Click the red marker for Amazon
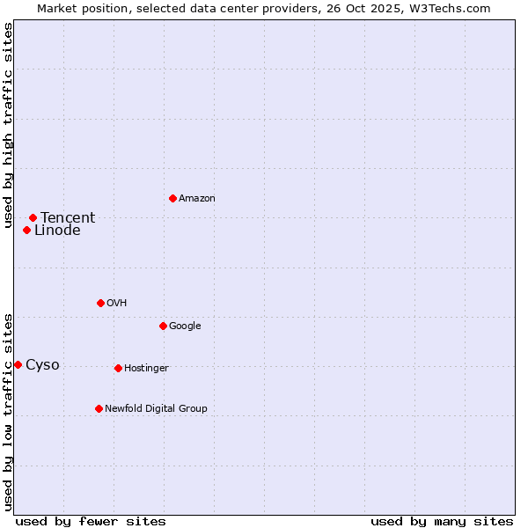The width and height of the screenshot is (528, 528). [172, 198]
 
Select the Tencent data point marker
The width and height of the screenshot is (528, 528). [33, 217]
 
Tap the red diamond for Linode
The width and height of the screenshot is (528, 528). [26, 231]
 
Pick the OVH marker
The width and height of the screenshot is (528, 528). [100, 303]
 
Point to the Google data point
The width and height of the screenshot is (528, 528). [163, 326]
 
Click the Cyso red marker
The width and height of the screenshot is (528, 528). [18, 364]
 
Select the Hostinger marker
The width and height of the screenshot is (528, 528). [118, 368]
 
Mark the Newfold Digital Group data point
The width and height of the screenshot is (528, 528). [99, 408]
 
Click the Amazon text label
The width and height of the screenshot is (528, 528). [197, 199]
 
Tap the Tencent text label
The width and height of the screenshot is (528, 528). [68, 218]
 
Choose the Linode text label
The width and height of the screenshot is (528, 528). [57, 231]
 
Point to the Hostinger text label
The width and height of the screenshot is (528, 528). [146, 368]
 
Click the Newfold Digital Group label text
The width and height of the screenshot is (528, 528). [156, 408]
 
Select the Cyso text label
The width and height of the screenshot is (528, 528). [42, 365]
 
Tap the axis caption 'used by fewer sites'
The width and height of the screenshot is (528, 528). [91, 521]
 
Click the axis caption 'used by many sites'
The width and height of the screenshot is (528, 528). [442, 521]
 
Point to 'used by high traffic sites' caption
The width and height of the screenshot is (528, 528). [8, 125]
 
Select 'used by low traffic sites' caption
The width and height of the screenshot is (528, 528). [8, 411]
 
